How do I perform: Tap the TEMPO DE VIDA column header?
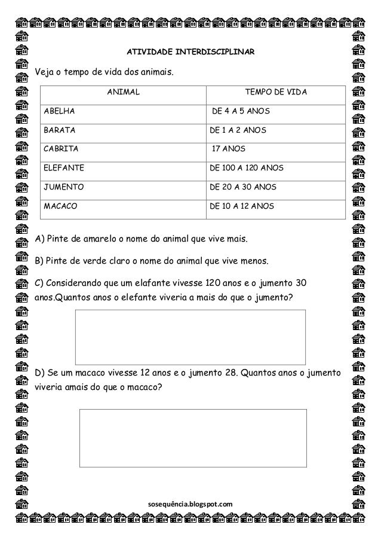pyautogui.click(x=276, y=92)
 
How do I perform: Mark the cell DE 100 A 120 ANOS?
pyautogui.click(x=246, y=168)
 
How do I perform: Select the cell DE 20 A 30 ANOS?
pyautogui.click(x=242, y=187)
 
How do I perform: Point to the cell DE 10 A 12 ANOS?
pyautogui.click(x=241, y=206)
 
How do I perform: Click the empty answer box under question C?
pyautogui.click(x=190, y=337)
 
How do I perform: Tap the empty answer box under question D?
pyautogui.click(x=193, y=437)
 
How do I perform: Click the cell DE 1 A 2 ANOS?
pyautogui.click(x=238, y=130)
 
